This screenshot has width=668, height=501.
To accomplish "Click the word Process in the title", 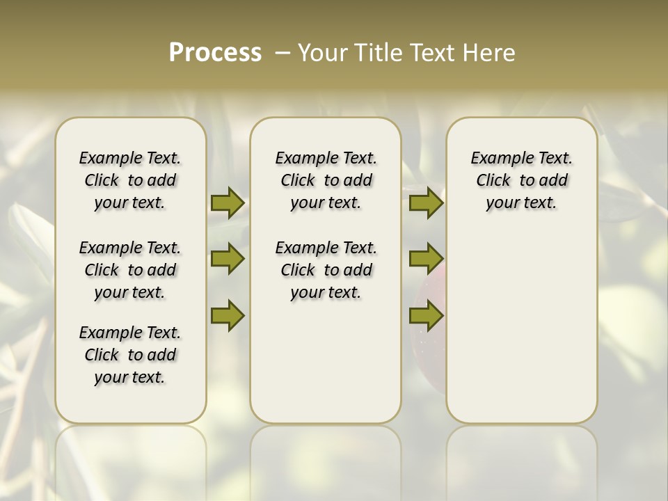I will (x=215, y=52).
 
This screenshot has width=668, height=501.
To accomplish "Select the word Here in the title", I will (x=488, y=52).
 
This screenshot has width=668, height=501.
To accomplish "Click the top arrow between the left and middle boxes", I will (x=228, y=202).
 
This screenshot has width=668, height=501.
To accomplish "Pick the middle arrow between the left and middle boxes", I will (x=228, y=260).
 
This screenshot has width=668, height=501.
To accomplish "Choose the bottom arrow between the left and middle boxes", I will (x=228, y=315).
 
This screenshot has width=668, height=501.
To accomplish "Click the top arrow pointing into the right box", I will (x=426, y=202).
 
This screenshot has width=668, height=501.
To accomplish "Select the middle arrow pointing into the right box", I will (x=426, y=259).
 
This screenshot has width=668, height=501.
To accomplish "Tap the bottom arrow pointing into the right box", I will (x=426, y=315).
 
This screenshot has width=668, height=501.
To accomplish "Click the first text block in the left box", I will (x=130, y=180).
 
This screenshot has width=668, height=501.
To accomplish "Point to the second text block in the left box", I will (x=130, y=270).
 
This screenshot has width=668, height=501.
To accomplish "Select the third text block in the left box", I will (x=130, y=355).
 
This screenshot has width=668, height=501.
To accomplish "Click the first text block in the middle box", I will (x=326, y=180).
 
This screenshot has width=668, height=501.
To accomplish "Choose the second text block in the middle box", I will (x=326, y=270).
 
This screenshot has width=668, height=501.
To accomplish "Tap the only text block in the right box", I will (x=522, y=180).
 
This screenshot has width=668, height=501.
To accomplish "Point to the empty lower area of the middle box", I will (x=326, y=362).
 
